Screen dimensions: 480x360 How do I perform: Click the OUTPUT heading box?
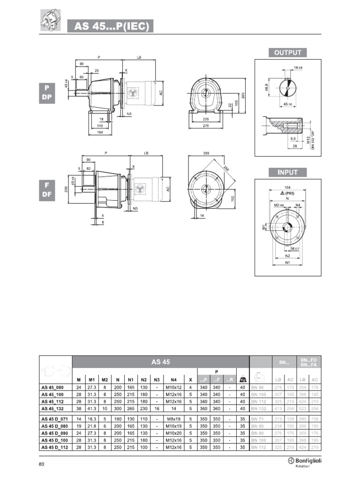[288, 52]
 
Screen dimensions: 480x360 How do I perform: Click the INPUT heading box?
[288, 172]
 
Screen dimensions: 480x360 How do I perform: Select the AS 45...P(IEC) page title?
[111, 27]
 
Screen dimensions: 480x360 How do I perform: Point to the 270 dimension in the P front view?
[205, 126]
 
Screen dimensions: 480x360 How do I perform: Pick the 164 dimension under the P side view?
[99, 133]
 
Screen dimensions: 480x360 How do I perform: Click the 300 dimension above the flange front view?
[206, 154]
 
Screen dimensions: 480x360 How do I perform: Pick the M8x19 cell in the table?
[173, 419]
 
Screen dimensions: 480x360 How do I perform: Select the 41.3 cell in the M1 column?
[92, 408]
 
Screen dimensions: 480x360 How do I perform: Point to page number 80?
[41, 464]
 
